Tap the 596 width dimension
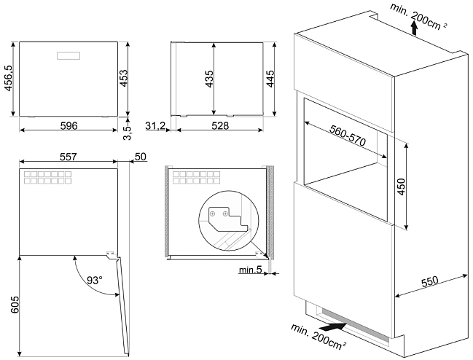pyautogui.click(x=68, y=126)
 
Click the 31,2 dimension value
pyautogui.click(x=155, y=127)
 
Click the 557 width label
pyautogui.click(x=68, y=157)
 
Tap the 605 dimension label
pyautogui.click(x=7, y=305)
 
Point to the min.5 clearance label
pyautogui.click(x=249, y=272)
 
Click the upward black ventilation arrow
pyautogui.click(x=414, y=28)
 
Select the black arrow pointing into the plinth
pyautogui.click(x=332, y=327)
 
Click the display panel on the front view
pyautogui.click(x=69, y=54)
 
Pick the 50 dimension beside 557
pyautogui.click(x=141, y=157)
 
